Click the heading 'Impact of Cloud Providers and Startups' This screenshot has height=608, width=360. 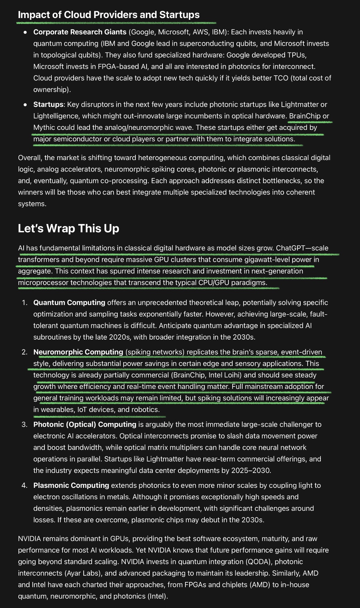click(109, 15)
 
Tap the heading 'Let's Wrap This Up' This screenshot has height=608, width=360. click(68, 228)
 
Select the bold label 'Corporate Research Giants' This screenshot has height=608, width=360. click(80, 32)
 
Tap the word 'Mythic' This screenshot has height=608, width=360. click(44, 127)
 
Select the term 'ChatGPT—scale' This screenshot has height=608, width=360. click(302, 248)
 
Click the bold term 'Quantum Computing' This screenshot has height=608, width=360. click(69, 302)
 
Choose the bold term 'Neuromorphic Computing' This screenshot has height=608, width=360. click(78, 352)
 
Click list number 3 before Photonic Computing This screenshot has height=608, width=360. click(24, 424)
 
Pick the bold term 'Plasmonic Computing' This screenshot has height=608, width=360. click(71, 485)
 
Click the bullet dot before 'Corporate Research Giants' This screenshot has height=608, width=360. click(25, 32)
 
